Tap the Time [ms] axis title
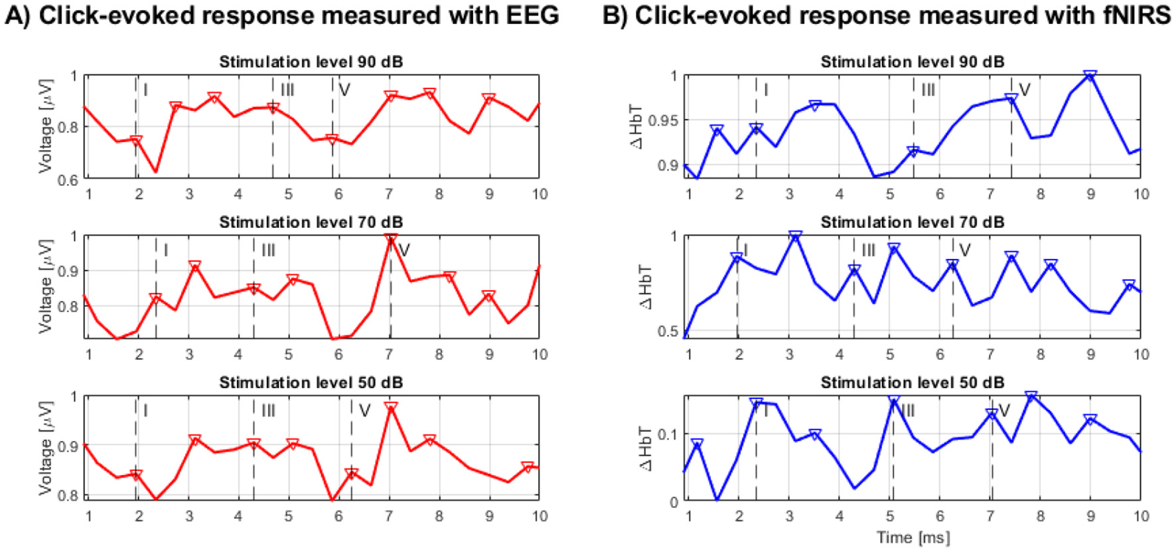[913, 537]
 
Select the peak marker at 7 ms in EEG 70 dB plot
[390, 238]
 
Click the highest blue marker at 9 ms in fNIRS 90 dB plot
[1090, 76]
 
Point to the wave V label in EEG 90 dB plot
[344, 90]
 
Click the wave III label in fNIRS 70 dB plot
[868, 250]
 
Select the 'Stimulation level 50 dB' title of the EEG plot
[311, 383]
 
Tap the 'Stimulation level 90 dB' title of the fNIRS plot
[912, 62]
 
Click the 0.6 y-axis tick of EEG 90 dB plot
[68, 180]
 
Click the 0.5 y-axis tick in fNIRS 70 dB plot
[670, 331]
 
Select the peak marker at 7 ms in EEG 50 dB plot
[390, 407]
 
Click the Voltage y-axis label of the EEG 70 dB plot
[44, 286]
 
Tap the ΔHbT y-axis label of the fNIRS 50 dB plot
[646, 448]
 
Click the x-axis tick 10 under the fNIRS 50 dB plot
[1140, 516]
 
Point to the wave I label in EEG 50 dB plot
[145, 411]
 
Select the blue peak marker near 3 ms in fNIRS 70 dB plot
[795, 236]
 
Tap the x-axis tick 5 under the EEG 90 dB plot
[288, 194]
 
